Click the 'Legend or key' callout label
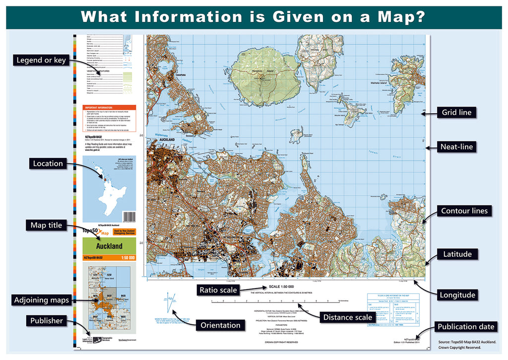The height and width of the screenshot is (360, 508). point(41,61)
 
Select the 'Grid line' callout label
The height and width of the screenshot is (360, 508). point(456,112)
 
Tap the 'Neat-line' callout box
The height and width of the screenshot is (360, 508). point(456,146)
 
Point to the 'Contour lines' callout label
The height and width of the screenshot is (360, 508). point(464,211)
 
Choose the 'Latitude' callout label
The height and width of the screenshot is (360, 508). point(457,254)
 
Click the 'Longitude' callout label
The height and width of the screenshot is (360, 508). point(457,295)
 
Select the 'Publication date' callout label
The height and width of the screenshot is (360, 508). point(465,326)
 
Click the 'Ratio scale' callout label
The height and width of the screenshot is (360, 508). point(218,289)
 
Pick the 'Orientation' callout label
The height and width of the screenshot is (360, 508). point(221,326)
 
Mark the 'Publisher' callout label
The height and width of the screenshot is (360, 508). point(47,321)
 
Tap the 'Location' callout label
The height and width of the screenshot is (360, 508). point(48,163)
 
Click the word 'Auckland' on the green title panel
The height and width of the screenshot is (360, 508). point(109,246)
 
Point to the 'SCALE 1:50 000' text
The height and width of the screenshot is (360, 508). point(281,287)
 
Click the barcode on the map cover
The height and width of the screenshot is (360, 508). point(129,217)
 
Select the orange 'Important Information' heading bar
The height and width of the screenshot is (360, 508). point(109,107)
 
